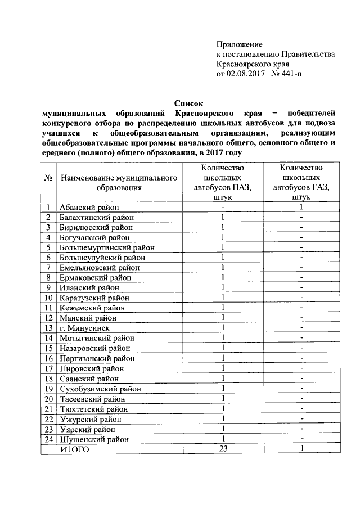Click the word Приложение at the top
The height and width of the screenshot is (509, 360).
click(240, 44)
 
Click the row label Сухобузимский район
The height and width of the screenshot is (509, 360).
click(100, 389)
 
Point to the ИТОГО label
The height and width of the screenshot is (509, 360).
click(75, 449)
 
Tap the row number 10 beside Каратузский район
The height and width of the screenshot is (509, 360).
click(48, 298)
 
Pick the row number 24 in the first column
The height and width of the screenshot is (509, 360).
click(48, 439)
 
